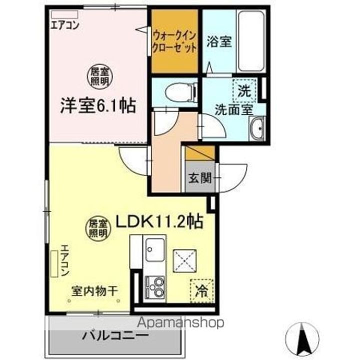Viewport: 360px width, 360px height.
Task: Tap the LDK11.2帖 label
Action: [159, 221]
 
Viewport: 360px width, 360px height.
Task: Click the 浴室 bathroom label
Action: [218, 42]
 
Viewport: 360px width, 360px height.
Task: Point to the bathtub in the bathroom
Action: [252, 40]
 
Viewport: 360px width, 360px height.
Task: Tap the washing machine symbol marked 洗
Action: [244, 91]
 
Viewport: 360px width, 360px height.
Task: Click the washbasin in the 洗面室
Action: [258, 129]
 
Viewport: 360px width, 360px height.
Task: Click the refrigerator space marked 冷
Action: [201, 289]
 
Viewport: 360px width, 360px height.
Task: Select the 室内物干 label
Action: [94, 290]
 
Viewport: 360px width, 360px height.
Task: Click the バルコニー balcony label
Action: [115, 335]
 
